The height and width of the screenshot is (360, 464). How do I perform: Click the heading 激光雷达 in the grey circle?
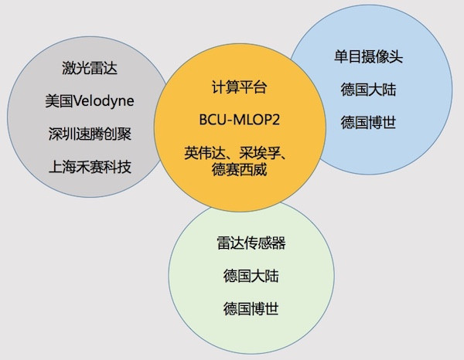click(90, 68)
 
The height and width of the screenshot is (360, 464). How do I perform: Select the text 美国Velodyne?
click(90, 101)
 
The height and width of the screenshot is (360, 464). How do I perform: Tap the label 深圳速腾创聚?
click(90, 134)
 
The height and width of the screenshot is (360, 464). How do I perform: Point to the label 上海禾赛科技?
click(90, 167)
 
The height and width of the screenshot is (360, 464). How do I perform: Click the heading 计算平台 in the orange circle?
click(240, 87)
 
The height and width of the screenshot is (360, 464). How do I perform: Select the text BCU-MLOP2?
click(240, 120)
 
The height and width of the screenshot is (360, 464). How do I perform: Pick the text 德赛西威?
click(240, 170)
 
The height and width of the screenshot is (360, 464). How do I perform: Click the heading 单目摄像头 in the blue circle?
click(368, 56)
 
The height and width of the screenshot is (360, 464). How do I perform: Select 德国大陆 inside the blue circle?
click(368, 90)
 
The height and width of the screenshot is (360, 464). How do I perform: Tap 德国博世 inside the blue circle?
click(368, 122)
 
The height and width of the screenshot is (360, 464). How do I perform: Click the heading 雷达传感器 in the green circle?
click(251, 243)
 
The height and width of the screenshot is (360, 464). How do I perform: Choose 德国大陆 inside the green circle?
click(251, 276)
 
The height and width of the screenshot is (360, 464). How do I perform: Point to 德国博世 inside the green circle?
click(251, 309)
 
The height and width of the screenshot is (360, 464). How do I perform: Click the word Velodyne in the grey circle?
click(104, 101)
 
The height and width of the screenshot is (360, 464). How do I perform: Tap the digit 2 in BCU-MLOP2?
click(276, 120)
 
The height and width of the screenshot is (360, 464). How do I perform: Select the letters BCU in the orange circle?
click(211, 120)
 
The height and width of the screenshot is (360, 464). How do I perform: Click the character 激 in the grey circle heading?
click(69, 68)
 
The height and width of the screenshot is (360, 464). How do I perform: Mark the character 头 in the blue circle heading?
click(396, 56)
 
